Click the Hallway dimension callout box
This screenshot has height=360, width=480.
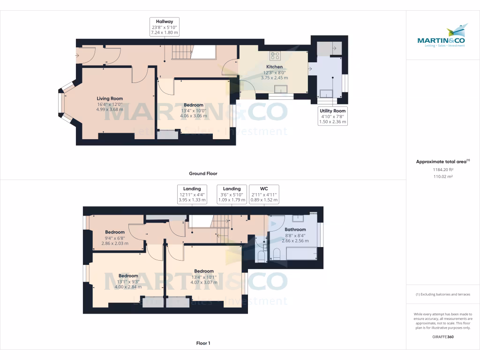(x=165, y=27)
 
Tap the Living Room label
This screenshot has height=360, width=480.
(x=110, y=98)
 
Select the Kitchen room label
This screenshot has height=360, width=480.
(x=274, y=67)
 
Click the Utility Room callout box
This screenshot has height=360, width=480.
(x=332, y=116)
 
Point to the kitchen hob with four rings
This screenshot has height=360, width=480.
(x=275, y=56)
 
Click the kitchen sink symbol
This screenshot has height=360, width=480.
(x=281, y=89)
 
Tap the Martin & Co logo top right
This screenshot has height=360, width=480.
(x=441, y=36)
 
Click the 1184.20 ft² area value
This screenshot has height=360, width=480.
(x=443, y=170)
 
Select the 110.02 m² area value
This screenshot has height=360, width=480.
(x=443, y=176)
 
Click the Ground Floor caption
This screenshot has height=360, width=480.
(x=203, y=173)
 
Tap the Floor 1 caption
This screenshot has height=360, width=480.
(x=203, y=343)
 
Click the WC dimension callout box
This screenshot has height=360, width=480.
(x=264, y=194)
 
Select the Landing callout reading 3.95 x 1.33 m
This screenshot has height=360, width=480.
(x=192, y=194)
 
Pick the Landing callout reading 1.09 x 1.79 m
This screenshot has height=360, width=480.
(x=232, y=194)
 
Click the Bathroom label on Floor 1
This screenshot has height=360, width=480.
(x=295, y=230)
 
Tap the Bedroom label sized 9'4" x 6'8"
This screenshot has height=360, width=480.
(x=115, y=232)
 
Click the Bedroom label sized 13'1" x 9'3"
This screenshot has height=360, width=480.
(x=128, y=276)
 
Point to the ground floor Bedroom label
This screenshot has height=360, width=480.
(x=194, y=105)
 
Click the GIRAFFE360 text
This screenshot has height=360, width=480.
(x=443, y=337)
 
